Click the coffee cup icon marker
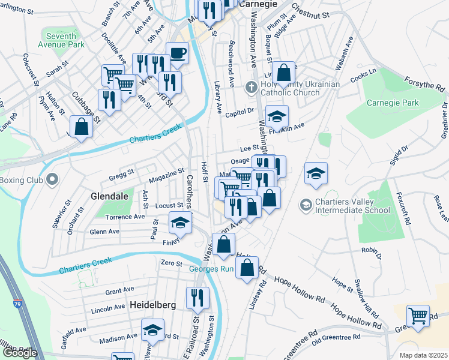point(177,53)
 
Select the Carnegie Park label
point(391,103)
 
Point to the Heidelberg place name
point(152,305)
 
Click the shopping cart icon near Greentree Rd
point(418,315)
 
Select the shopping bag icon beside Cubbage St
point(81,127)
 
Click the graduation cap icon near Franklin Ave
point(277,116)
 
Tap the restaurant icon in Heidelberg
point(197,297)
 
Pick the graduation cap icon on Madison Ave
point(152,330)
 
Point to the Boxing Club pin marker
point(52,179)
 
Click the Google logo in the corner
point(20,353)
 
